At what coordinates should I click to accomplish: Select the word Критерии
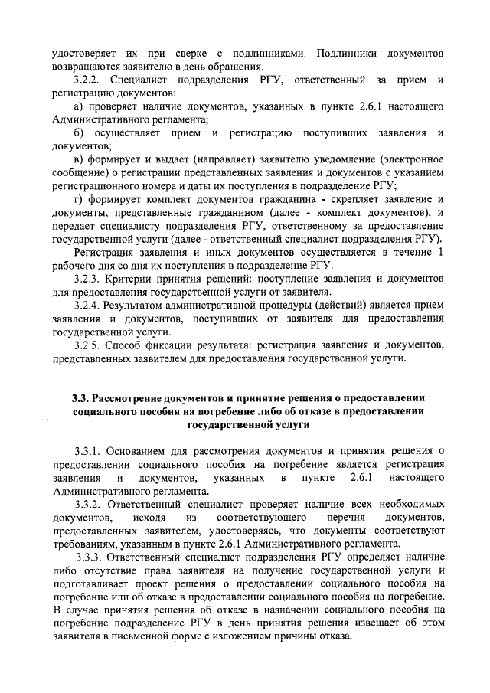(131, 279)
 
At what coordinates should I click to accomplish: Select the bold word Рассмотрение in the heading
(130, 397)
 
